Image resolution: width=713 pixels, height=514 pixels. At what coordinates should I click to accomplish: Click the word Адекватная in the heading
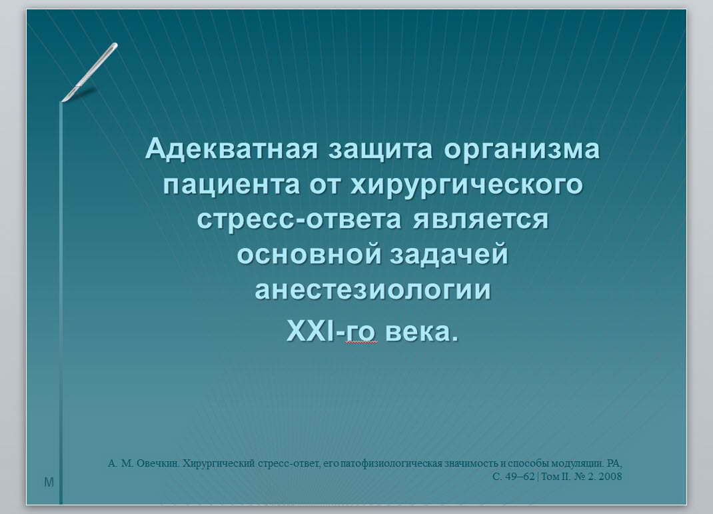click(x=231, y=149)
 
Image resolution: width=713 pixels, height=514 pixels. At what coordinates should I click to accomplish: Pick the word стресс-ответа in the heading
click(x=299, y=219)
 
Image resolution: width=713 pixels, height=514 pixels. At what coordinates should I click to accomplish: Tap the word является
click(x=480, y=219)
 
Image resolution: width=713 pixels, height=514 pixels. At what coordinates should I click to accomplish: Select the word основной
click(x=309, y=254)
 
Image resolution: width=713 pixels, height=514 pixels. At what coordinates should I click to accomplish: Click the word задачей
click(x=449, y=254)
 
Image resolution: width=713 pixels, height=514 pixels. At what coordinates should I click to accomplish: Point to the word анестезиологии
click(x=373, y=290)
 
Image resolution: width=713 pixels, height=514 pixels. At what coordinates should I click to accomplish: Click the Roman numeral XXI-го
click(x=331, y=331)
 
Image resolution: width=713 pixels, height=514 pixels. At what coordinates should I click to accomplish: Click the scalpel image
click(x=89, y=72)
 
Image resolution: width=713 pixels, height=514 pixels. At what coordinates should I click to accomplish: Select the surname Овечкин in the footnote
click(x=158, y=463)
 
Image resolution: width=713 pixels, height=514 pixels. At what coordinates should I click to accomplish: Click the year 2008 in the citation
click(x=610, y=476)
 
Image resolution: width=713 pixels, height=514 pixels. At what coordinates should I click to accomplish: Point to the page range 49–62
click(x=520, y=476)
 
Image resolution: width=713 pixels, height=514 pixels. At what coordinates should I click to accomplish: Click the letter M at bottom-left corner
click(x=49, y=482)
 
